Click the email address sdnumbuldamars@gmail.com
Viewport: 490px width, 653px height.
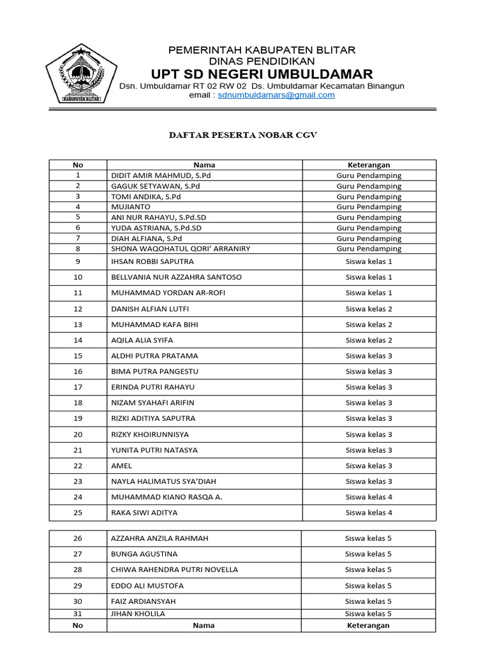point(276,95)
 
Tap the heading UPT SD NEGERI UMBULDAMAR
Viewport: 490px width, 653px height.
point(262,73)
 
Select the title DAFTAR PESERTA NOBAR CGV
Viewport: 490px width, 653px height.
point(242,135)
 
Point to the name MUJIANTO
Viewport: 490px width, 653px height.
point(131,207)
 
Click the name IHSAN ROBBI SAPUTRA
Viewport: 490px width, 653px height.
point(152,261)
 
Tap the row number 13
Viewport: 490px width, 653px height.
point(78,325)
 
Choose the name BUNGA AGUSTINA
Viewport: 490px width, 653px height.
point(144,554)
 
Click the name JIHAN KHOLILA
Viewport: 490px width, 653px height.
point(138,613)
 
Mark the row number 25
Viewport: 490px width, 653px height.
point(78,513)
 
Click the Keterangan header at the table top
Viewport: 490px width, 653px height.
point(369,165)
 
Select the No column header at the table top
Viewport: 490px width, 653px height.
point(78,165)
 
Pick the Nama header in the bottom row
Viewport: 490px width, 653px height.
point(204,626)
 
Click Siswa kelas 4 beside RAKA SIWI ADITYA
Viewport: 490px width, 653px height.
point(369,513)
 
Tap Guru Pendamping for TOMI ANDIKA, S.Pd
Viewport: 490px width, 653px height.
point(369,196)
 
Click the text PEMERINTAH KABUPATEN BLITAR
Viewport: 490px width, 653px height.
point(262,50)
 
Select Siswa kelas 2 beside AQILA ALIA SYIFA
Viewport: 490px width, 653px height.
point(369,340)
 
